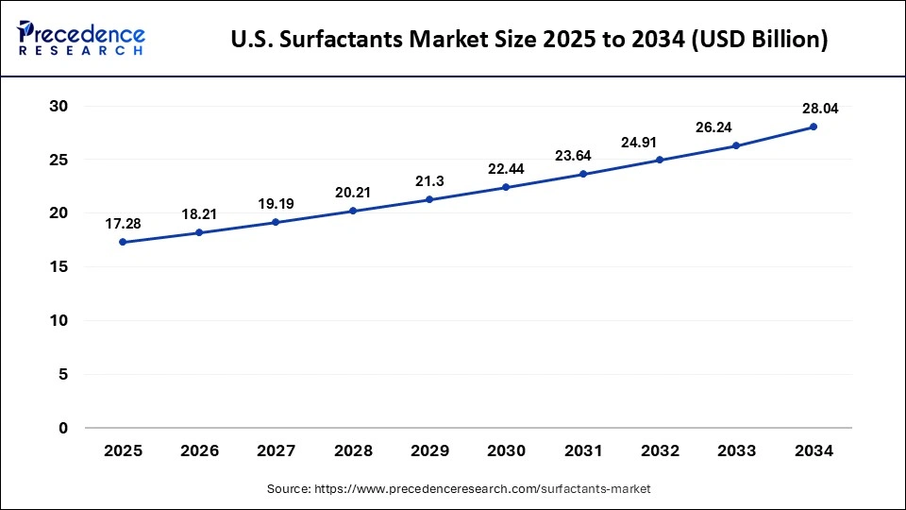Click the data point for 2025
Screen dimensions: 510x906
coord(123,243)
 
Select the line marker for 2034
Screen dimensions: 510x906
coord(813,127)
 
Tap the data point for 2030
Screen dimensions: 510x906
coord(506,187)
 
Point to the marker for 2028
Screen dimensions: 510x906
coord(353,211)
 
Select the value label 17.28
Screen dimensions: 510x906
coord(123,224)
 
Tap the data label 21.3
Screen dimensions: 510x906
coord(429,180)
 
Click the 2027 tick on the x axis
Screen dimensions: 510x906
coord(277,451)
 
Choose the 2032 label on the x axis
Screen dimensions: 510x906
coord(660,451)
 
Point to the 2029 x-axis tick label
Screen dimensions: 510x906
coord(429,451)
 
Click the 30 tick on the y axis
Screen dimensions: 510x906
coord(59,107)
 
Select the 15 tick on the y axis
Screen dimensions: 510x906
coord(59,267)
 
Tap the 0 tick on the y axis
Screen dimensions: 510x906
coord(63,428)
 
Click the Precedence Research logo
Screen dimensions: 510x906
coord(81,38)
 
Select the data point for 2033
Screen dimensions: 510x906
coord(736,145)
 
